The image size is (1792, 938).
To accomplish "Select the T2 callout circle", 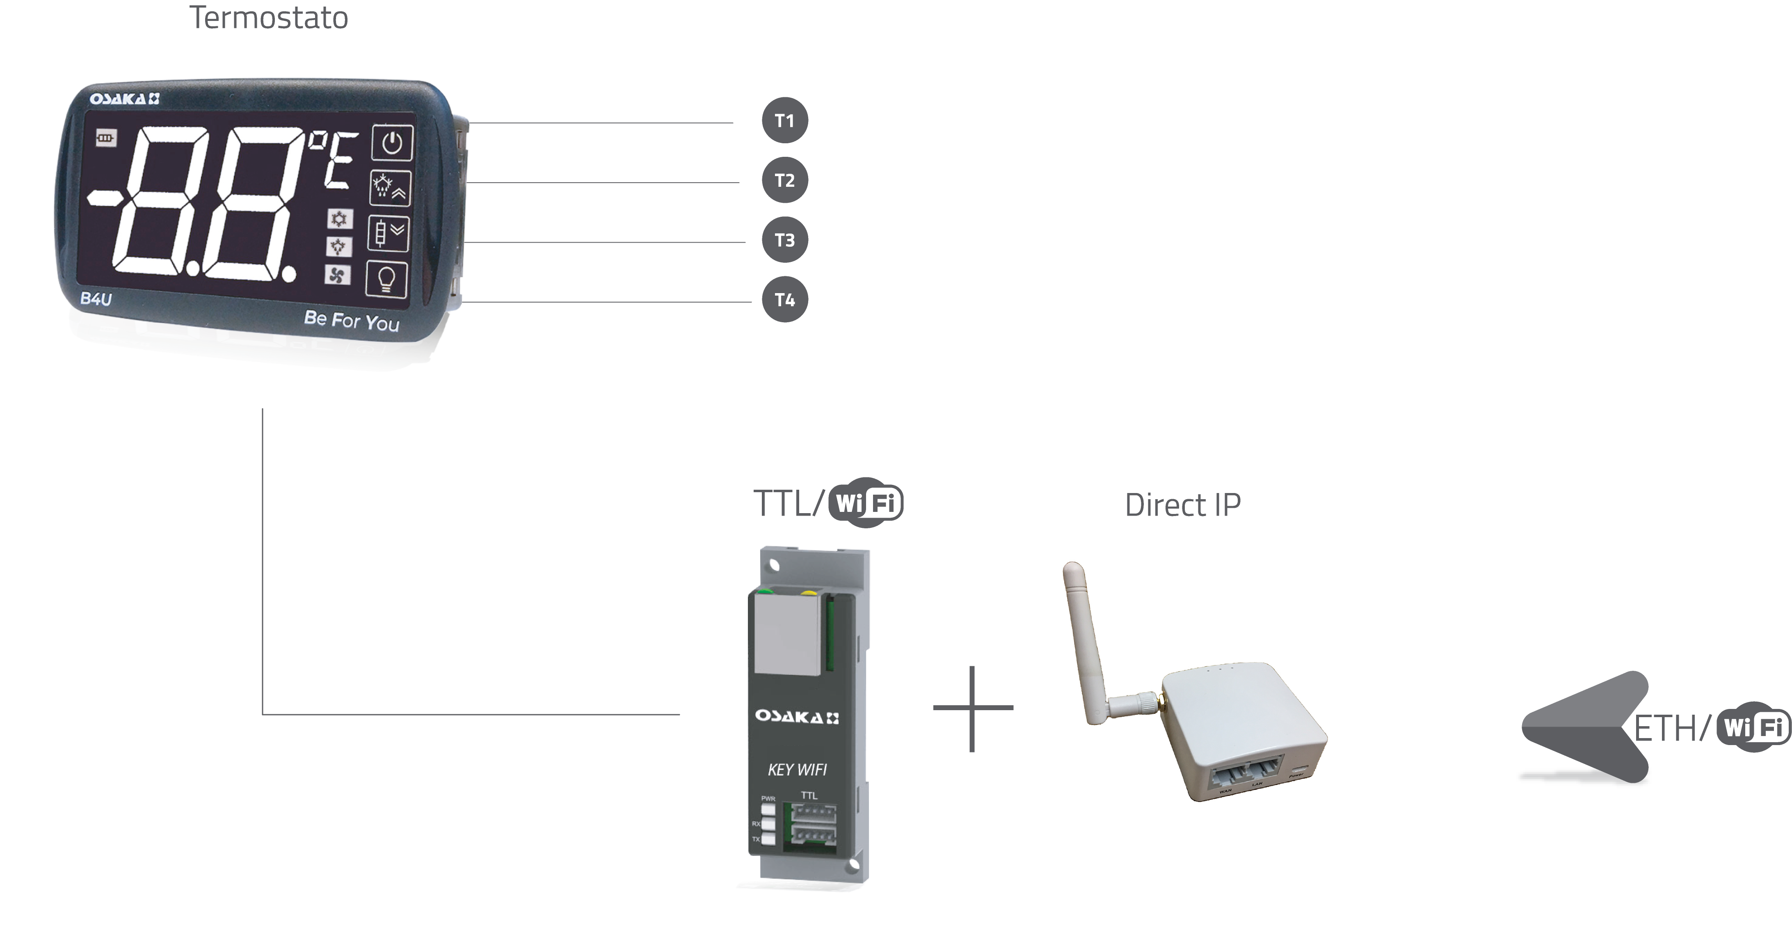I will coord(785,180).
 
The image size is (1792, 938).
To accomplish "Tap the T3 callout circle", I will coord(785,240).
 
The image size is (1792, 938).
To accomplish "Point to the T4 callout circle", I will coord(785,300).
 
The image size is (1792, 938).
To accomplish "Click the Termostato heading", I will coord(269,17).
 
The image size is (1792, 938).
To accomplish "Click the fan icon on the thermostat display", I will coord(337,275).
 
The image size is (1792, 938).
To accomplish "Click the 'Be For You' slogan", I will coord(351,320).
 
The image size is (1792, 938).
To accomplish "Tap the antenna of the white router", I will coord(1085,640).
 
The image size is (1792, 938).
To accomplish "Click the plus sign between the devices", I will coord(973,709).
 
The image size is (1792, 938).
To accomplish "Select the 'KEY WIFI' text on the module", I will coord(797,770).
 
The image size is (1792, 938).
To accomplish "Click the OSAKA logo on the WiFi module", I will coord(797,717).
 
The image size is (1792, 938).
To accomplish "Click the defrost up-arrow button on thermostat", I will coord(390,188).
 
